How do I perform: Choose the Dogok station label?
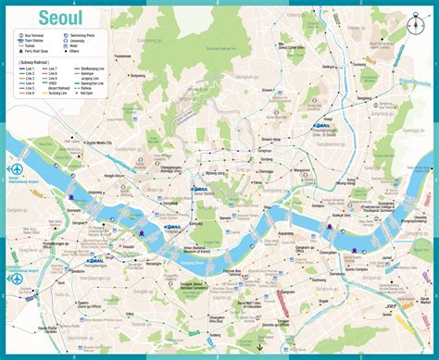coord(307,318)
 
